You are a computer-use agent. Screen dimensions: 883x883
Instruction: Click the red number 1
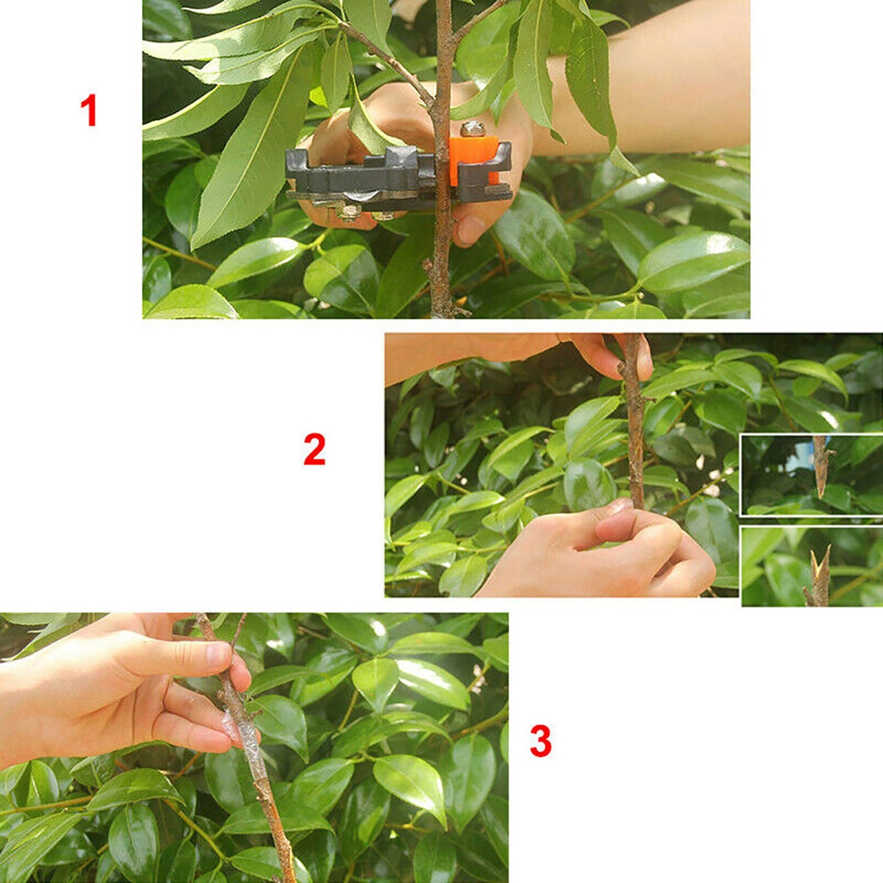[89, 110]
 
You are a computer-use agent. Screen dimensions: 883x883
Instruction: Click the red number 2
[314, 450]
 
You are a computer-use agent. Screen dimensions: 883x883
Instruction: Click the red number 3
[540, 741]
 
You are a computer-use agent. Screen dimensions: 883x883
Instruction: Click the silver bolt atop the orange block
[472, 129]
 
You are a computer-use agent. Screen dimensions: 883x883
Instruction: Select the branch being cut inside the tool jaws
[441, 166]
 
